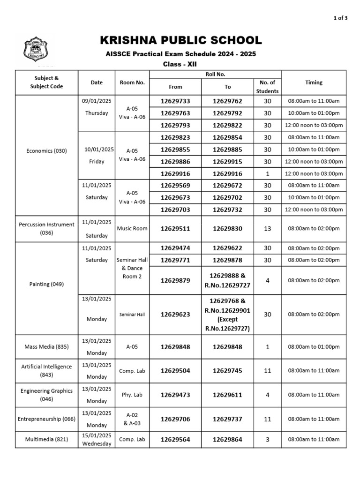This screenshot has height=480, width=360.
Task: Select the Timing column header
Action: coord(314,82)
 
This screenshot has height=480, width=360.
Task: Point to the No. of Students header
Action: coord(267,87)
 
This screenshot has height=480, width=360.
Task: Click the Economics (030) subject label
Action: coord(46,151)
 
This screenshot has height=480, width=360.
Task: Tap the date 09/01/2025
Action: coord(97,101)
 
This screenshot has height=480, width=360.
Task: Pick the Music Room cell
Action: coord(132,229)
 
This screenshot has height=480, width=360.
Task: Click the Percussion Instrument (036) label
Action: coord(46,228)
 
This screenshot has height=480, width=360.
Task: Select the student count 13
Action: coord(267,229)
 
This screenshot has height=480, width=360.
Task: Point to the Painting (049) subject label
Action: coord(46,284)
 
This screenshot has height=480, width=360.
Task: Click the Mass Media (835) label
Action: coord(46,347)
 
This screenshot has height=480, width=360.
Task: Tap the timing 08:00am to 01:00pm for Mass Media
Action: coord(314,347)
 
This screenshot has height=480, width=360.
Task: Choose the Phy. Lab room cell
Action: coord(132,395)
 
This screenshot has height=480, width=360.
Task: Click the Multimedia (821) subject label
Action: coord(46,440)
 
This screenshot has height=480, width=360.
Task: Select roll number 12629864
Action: coord(227,440)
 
